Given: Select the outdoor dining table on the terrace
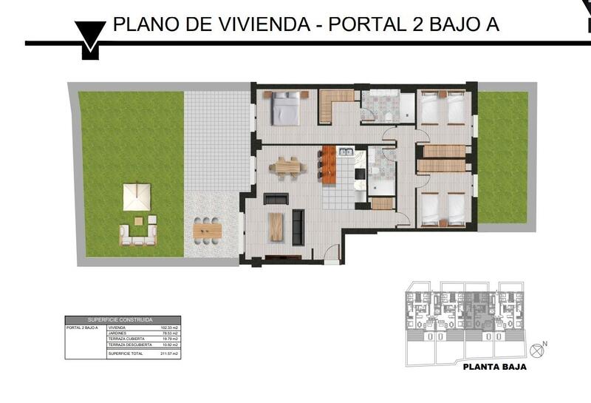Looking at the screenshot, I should click(207, 231).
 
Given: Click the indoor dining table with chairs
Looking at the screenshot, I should click(288, 168).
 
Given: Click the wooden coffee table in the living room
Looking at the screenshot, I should click(276, 226).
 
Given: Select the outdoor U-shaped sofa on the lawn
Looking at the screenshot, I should click(138, 231).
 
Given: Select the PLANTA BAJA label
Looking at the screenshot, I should click(494, 365).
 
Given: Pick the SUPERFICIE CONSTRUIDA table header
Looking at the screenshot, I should click(123, 319).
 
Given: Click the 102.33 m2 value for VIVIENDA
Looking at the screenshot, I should click(170, 327).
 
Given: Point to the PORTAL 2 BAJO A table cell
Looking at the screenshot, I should click(82, 327).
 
